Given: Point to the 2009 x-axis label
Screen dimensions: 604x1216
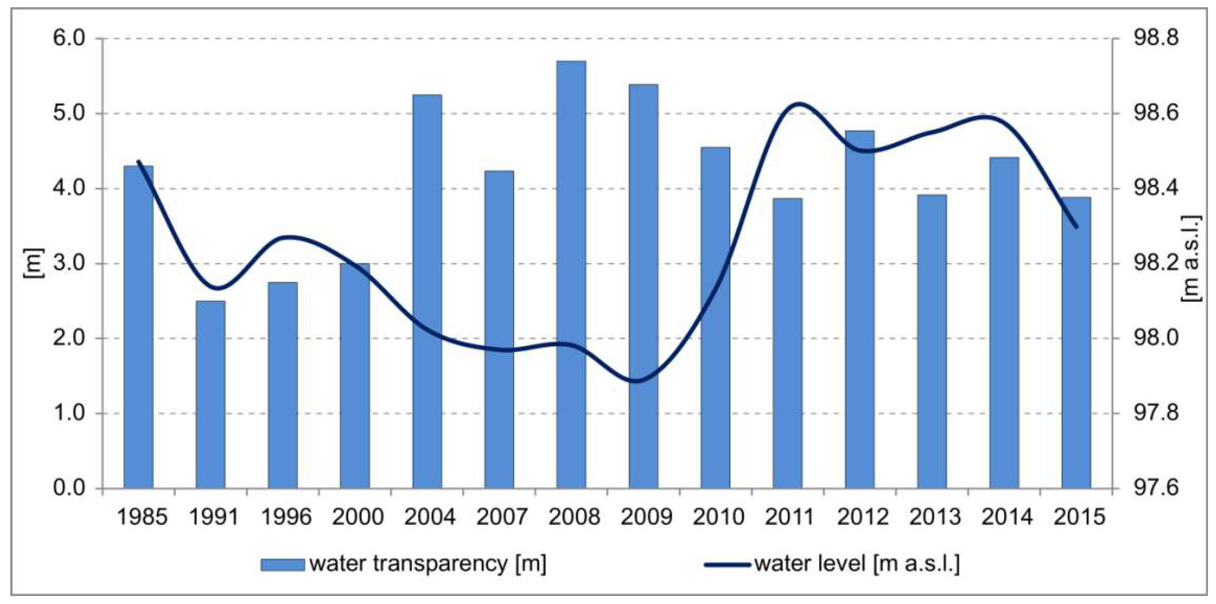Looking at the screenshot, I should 646,517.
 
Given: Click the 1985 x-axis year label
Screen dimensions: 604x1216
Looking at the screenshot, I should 142,517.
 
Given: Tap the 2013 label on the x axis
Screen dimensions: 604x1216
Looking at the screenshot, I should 935,517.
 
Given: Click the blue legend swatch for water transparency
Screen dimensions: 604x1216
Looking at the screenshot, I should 282,564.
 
